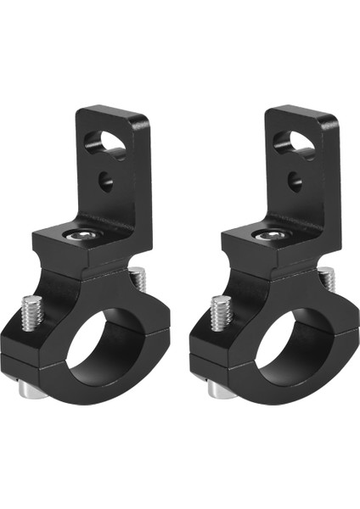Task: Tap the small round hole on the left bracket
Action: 107,180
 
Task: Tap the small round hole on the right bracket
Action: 295,180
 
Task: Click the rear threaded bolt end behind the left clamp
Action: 137,277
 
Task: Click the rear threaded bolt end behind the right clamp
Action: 325,277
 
